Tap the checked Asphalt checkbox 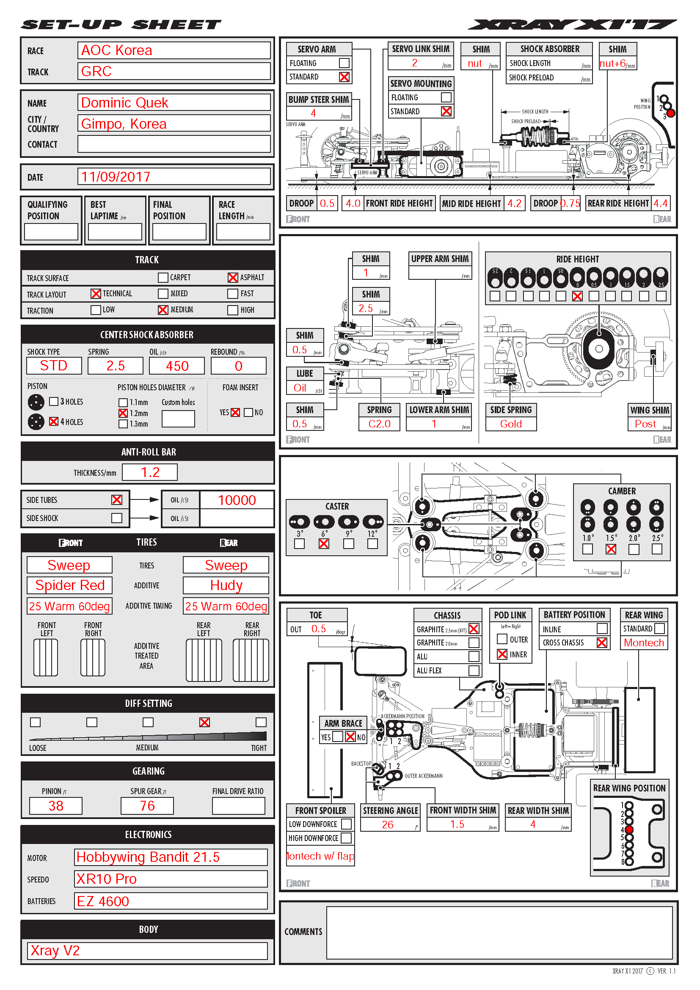point(233,278)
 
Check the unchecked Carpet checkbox point(163,278)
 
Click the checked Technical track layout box point(96,294)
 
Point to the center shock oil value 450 point(177,366)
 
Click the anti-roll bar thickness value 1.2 point(150,472)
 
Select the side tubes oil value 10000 point(237,500)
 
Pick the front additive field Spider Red point(70,585)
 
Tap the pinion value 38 point(56,806)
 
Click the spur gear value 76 point(147,806)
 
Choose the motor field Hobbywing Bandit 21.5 point(148,857)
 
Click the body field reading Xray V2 point(55,951)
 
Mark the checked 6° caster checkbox point(324,544)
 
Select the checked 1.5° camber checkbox point(611,549)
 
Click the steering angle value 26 point(388,825)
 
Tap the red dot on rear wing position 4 point(629,830)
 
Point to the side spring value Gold point(511,424)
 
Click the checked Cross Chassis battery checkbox point(602,643)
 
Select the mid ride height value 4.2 point(514,203)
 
